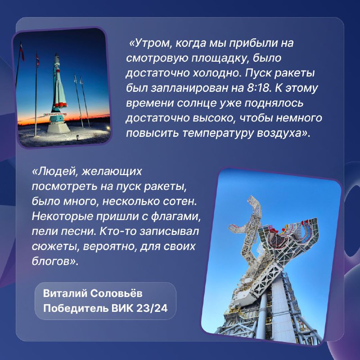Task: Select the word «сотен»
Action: pyautogui.click(x=180, y=201)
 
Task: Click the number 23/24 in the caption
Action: pyautogui.click(x=152, y=308)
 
